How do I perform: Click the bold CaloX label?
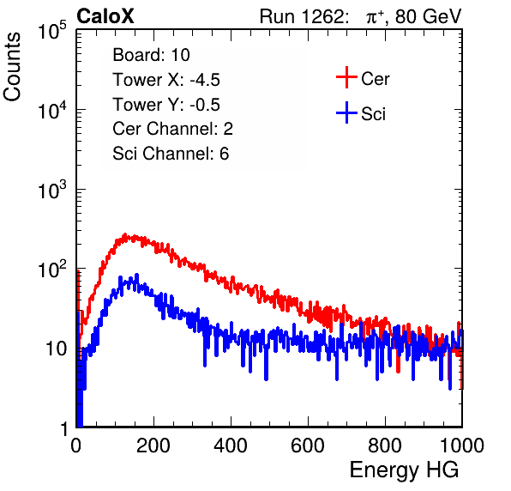point(105,16)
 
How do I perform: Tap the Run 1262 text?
point(302,16)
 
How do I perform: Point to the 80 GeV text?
point(428,17)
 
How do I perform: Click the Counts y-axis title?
point(12,67)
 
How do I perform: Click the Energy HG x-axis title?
point(404,470)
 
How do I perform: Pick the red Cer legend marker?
point(346,77)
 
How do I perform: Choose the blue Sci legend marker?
point(346,112)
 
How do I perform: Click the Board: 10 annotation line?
point(151,54)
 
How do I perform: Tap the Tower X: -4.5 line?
point(166,80)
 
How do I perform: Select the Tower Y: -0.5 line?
point(166,105)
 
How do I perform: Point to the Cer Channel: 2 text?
point(172,129)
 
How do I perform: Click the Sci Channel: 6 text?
point(171,154)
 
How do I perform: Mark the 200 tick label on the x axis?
point(153,445)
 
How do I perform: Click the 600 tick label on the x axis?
point(308,445)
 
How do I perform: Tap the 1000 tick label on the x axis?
point(462,445)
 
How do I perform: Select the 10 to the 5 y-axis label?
point(52,31)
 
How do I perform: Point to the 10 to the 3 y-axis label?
point(52,190)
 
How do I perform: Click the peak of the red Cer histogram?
point(125,234)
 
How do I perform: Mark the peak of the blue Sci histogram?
point(137,275)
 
